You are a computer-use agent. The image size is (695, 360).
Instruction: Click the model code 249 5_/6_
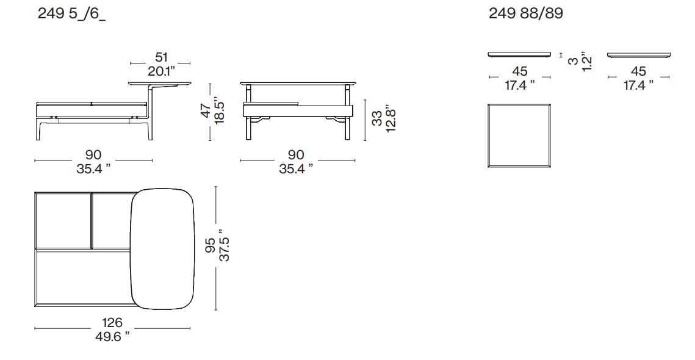(x=71, y=14)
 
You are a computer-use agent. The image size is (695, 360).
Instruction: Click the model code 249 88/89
(x=526, y=13)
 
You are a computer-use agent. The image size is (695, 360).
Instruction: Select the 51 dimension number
(x=161, y=57)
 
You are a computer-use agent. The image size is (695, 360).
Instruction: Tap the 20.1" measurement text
(x=161, y=71)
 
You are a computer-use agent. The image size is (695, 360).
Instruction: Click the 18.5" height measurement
(x=220, y=110)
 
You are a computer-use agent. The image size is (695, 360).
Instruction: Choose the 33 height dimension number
(x=376, y=118)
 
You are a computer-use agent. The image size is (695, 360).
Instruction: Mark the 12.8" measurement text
(x=390, y=118)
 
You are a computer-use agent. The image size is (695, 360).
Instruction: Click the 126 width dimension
(x=112, y=323)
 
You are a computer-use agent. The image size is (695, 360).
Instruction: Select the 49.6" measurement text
(x=113, y=337)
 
